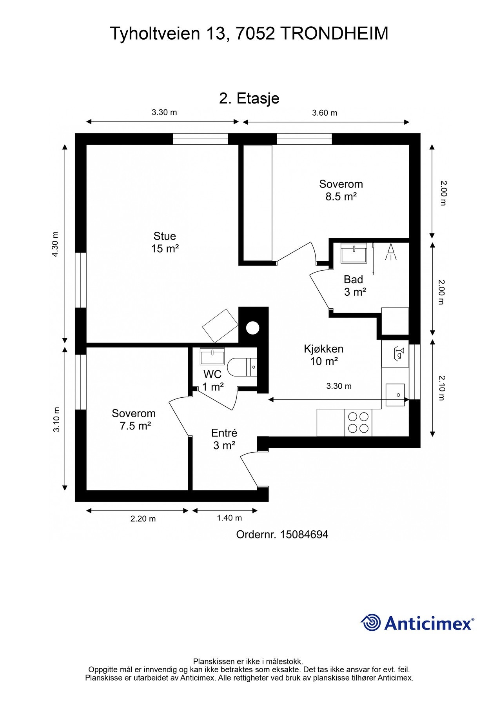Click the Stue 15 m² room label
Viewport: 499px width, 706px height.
[x=165, y=242]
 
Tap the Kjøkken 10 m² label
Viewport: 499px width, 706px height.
[x=324, y=355]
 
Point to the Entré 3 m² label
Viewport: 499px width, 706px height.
[x=224, y=439]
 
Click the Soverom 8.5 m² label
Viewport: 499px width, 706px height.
[x=341, y=190]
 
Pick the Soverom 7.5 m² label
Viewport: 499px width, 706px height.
[x=134, y=419]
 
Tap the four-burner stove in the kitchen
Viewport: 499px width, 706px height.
[x=358, y=422]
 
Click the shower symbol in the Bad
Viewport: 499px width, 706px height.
[x=391, y=251]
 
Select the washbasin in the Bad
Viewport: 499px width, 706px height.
[x=354, y=253]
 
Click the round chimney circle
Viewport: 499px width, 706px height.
[x=253, y=327]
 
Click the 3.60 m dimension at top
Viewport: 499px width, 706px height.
[x=325, y=113]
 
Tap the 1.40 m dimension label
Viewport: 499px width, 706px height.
[x=229, y=518]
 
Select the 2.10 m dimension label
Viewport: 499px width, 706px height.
[x=442, y=388]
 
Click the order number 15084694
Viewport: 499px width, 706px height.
[x=304, y=534]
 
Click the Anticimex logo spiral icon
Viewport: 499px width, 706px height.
[x=370, y=622]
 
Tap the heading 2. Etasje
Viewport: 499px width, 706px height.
[x=249, y=98]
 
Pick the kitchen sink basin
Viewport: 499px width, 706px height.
[x=395, y=395]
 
